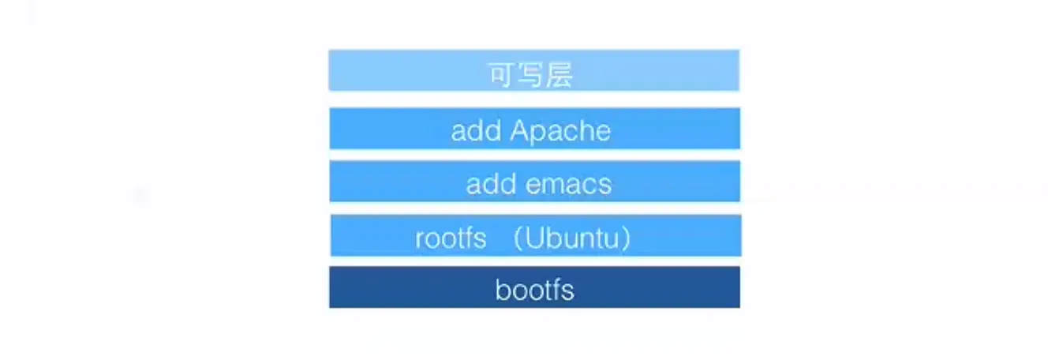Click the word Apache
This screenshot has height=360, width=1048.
(560, 131)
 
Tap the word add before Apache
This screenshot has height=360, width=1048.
(477, 131)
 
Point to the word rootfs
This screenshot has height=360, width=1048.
(451, 238)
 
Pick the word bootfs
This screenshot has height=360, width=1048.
(534, 291)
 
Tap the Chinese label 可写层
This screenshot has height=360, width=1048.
(530, 75)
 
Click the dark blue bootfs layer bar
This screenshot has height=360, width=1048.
(379, 287)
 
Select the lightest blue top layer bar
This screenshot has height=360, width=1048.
(379, 70)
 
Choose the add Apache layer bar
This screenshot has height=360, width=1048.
(379, 128)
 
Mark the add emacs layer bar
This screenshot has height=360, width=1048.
(379, 182)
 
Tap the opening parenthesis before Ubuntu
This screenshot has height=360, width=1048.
(518, 238)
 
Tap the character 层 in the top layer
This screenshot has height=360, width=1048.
(560, 75)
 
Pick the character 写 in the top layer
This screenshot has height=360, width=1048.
(530, 75)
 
